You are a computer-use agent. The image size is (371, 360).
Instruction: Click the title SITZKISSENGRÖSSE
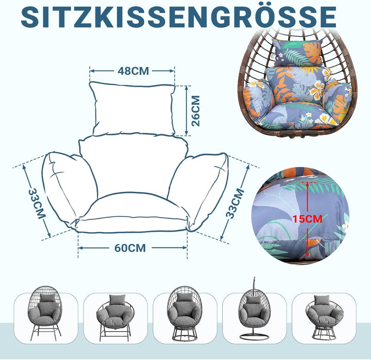pyautogui.click(x=179, y=17)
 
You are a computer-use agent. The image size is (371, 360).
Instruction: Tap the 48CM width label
pyautogui.click(x=133, y=71)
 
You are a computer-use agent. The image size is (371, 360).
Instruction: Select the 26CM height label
pyautogui.click(x=195, y=111)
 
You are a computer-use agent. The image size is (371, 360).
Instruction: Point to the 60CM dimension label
pyautogui.click(x=130, y=248)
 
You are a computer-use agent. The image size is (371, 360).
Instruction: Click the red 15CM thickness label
pyautogui.click(x=308, y=219)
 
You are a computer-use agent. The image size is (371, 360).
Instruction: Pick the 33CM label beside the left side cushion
pyautogui.click(x=37, y=204)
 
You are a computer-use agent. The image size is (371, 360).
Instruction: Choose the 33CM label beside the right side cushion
pyautogui.click(x=235, y=203)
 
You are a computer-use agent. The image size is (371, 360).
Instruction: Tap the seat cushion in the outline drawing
pyautogui.click(x=132, y=212)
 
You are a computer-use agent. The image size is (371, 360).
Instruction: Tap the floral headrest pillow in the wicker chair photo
pyautogui.click(x=297, y=53)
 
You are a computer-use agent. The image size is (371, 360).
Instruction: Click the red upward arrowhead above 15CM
pyautogui.click(x=307, y=185)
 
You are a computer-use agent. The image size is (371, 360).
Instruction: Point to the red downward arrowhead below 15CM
pyautogui.click(x=307, y=255)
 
